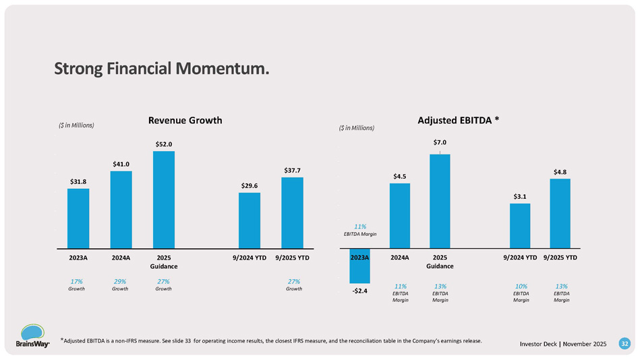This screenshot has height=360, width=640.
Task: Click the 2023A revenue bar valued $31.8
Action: click(x=78, y=218)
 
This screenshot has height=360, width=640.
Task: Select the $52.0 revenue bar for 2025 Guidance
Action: click(x=164, y=199)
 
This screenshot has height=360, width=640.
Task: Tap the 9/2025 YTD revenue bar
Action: click(x=292, y=212)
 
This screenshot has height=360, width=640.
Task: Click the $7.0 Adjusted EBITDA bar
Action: click(x=440, y=201)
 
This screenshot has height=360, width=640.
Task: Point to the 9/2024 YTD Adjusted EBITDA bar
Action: click(x=520, y=226)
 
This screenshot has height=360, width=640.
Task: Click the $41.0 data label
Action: click(x=121, y=164)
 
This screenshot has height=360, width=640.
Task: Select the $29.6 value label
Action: click(x=250, y=185)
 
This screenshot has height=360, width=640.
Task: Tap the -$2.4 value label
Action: click(x=360, y=291)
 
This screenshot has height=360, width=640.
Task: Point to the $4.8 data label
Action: click(x=560, y=172)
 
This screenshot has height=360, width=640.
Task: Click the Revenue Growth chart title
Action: click(x=185, y=120)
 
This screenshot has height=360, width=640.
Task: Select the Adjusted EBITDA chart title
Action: click(x=459, y=120)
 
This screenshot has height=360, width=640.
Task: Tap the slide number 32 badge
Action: click(x=624, y=344)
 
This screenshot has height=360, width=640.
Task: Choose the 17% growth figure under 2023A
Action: click(x=77, y=281)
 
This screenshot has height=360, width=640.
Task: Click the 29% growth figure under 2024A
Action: click(x=120, y=281)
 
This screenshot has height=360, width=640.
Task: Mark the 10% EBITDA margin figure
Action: click(x=521, y=286)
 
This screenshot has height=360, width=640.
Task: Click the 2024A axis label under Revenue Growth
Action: click(x=121, y=258)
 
